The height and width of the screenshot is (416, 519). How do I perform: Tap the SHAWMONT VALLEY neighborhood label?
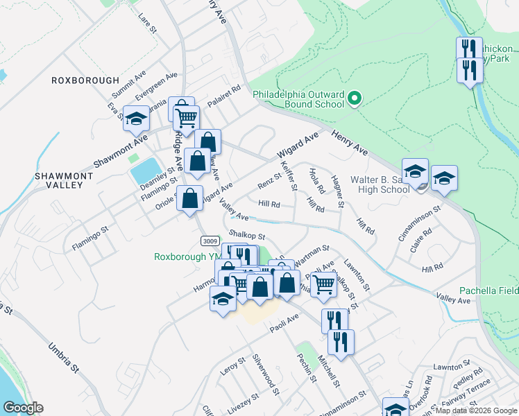[x=64, y=181]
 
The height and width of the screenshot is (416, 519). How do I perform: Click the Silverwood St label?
[x=266, y=376]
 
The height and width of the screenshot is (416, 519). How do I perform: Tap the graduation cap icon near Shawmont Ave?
[x=136, y=119]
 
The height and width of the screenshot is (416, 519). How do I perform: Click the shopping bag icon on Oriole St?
[x=189, y=200]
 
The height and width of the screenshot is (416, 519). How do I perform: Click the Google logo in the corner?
[x=23, y=408]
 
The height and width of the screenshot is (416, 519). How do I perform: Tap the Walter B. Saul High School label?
[x=380, y=184]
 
